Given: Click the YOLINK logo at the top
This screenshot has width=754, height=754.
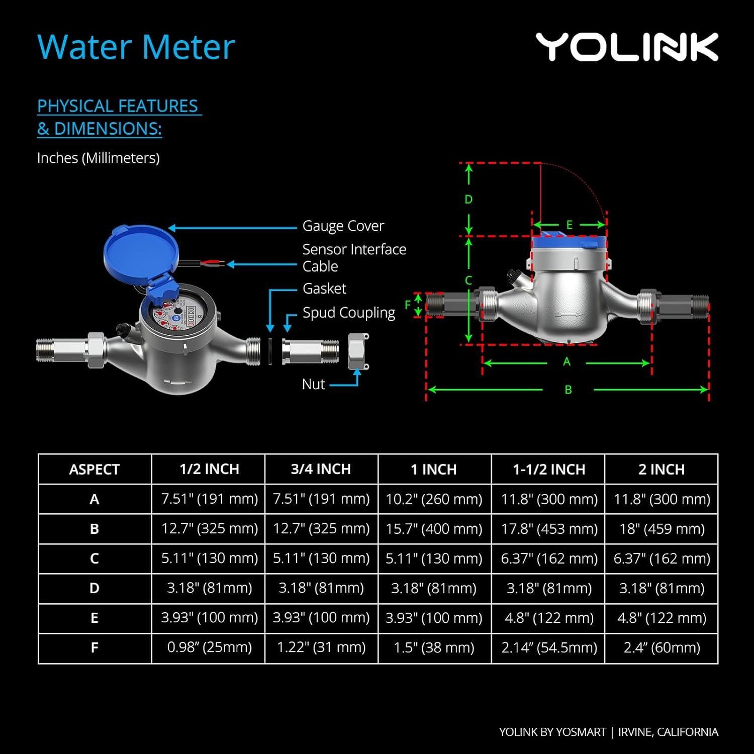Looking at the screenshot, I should point(626,47).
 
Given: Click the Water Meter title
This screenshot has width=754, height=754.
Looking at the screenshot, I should point(136,47).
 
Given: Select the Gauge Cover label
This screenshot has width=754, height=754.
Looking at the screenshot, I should point(343,226).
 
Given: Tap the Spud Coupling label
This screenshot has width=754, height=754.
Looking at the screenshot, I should point(348,313).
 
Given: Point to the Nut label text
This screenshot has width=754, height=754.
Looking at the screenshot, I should point(314,385).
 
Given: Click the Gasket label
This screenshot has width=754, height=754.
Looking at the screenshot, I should point(324,289).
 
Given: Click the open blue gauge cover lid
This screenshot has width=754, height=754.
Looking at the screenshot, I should point(140,250).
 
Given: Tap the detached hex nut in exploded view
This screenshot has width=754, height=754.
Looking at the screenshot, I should point(358,351).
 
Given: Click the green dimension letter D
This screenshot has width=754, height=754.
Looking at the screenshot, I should point(468,200).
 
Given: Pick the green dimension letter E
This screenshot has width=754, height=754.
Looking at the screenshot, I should point(570,225).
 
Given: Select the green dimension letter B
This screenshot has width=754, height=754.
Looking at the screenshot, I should point(568,390).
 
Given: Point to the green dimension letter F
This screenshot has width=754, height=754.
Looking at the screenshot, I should point(408,305).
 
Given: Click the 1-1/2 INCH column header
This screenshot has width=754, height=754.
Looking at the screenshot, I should point(549,469).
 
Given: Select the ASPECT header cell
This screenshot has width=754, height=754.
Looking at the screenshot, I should point(95,469).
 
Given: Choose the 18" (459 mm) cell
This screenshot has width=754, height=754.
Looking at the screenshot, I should point(662,529).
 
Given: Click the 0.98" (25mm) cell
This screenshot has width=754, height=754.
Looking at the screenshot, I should point(209,647).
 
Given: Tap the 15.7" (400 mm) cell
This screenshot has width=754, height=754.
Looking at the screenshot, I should point(434,529).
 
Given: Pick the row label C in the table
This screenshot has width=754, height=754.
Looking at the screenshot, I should point(95,558).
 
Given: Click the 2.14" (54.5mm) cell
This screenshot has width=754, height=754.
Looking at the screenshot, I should point(549,647).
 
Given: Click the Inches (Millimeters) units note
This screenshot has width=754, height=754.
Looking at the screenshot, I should point(99,158).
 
